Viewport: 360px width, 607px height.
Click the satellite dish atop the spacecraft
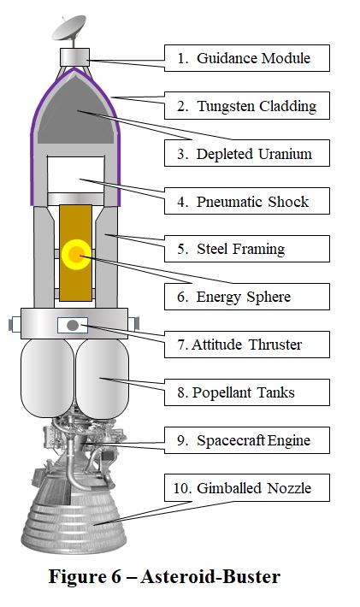click(69, 29)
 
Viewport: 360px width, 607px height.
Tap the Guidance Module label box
click(247, 58)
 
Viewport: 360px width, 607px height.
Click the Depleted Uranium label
click(247, 153)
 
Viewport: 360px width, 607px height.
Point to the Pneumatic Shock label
click(247, 201)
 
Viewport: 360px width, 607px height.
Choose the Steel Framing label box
click(247, 249)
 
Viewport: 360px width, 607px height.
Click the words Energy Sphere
click(244, 298)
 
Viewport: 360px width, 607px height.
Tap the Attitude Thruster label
click(247, 345)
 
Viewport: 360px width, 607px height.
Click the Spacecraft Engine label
click(247, 440)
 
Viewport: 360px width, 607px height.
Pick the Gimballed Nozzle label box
click(247, 488)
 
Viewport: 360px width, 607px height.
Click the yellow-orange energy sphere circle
click(76, 254)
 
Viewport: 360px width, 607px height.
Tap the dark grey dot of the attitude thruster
click(73, 325)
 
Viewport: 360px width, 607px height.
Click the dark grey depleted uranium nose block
click(77, 112)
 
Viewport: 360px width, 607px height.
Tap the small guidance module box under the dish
click(74, 57)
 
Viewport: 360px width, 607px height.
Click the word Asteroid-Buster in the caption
click(210, 577)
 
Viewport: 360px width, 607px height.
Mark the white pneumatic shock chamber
click(75, 174)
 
